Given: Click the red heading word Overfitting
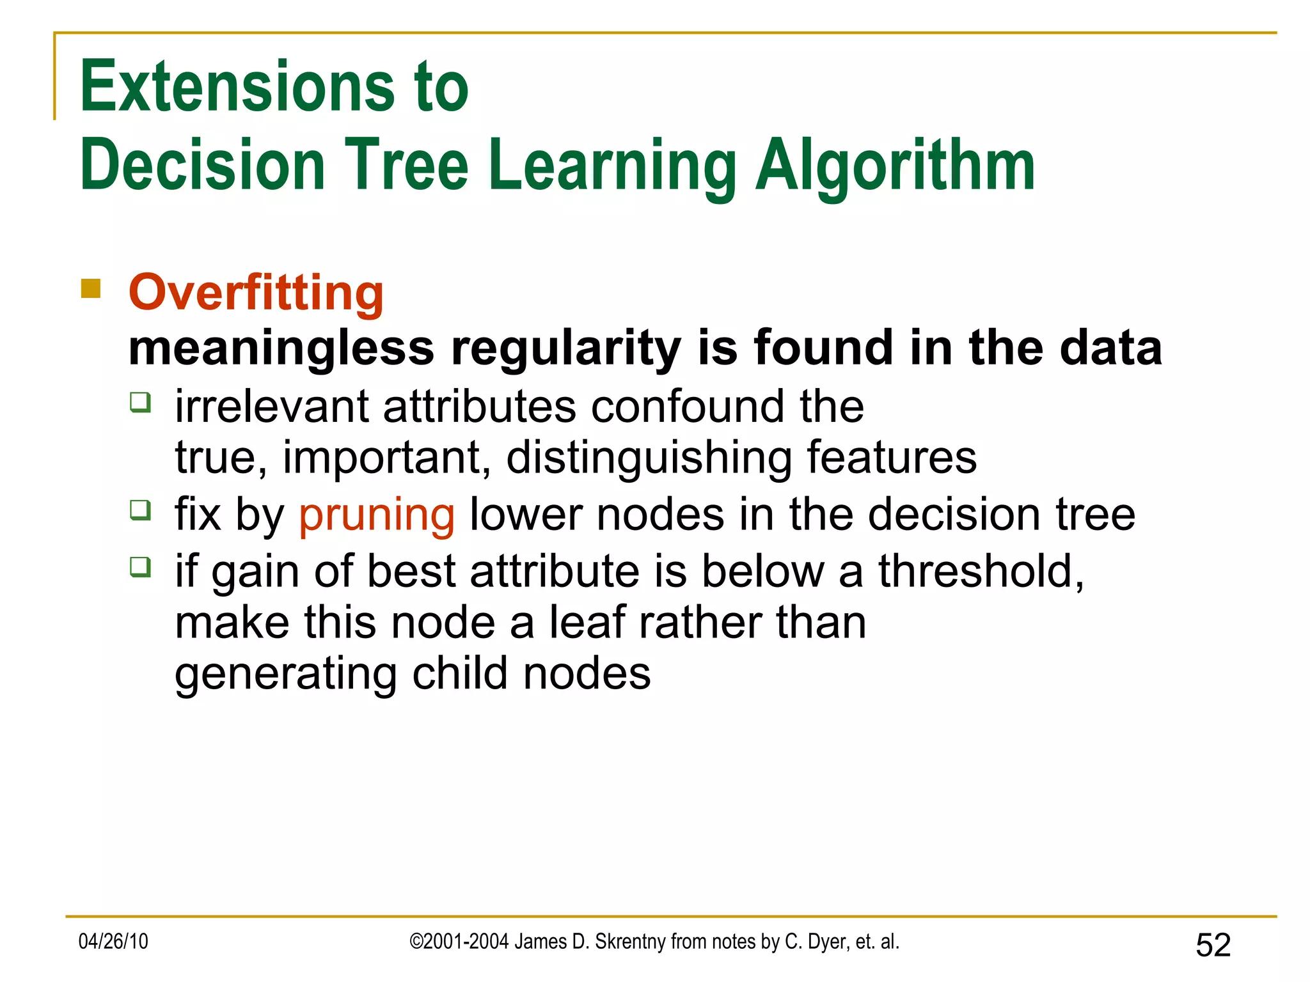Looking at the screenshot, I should tap(256, 293).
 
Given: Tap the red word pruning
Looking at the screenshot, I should tap(377, 515).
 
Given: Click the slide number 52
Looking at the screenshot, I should tap(1213, 945).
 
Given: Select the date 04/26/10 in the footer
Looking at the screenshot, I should tap(113, 942).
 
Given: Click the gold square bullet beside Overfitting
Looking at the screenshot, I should tap(91, 289).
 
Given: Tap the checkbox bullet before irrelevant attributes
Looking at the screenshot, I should tap(140, 402).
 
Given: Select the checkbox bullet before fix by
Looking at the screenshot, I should tap(140, 510).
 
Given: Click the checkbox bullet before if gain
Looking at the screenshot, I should tap(140, 566).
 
